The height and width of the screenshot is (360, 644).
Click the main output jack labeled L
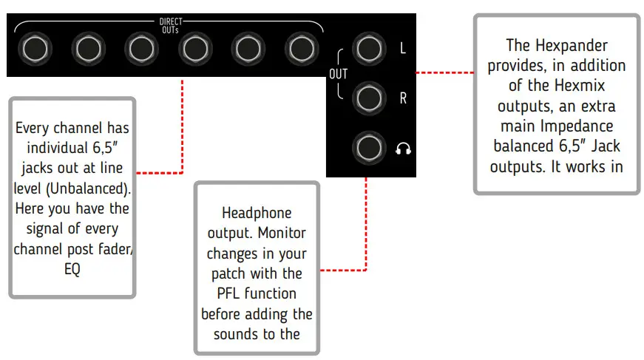(367, 48)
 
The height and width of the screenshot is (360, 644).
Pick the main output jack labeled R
(367, 98)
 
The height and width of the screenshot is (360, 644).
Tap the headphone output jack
(367, 147)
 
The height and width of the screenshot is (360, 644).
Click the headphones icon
(403, 149)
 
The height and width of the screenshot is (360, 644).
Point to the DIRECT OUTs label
(171, 25)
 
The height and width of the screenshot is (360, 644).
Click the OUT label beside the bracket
(338, 75)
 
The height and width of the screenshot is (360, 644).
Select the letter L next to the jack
(403, 49)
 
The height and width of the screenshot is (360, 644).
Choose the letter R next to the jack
(403, 98)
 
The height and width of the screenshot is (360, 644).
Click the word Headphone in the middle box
(257, 213)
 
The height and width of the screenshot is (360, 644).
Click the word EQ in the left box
(72, 268)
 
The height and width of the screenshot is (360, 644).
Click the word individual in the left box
(72, 148)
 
